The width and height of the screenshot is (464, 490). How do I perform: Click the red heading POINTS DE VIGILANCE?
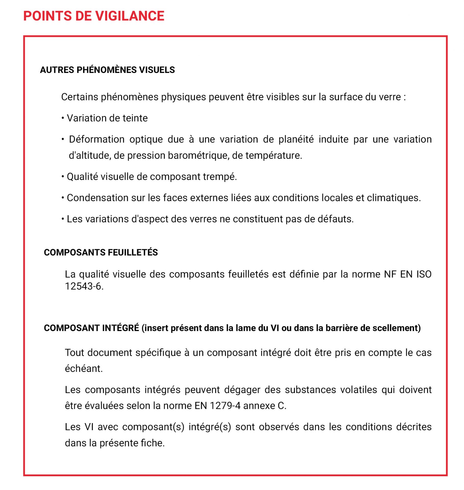[x=94, y=16]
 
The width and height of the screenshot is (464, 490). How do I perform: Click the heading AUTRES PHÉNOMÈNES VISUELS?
[x=107, y=70]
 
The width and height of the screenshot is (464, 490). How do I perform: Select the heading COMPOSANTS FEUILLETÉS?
[x=101, y=252]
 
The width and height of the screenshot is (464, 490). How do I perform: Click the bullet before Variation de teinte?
[x=63, y=118]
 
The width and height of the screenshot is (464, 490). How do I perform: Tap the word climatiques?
[x=394, y=198]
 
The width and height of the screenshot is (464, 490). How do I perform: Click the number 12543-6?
[x=84, y=286]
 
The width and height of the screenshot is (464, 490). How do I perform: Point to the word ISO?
[x=424, y=274]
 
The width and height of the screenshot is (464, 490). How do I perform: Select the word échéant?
[x=84, y=369]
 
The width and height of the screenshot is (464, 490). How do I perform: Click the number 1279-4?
[x=225, y=406]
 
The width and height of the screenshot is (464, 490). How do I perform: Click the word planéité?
[x=296, y=139]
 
